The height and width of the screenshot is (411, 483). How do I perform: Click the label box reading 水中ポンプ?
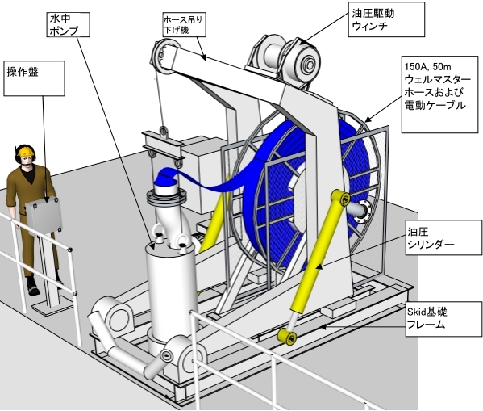68,25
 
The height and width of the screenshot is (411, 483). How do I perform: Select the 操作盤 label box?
34,78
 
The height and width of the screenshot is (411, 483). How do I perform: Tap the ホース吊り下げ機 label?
184,25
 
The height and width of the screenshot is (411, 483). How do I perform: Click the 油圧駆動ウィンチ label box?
386,19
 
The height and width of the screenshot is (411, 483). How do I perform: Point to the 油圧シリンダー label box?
443,237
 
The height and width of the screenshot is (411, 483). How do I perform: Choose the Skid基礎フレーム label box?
443,319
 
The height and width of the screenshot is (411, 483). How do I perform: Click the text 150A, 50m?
423,67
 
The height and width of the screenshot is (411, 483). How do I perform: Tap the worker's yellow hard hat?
26,150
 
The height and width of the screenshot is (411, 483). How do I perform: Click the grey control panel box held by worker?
44,216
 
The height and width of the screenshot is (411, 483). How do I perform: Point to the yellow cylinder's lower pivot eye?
287,337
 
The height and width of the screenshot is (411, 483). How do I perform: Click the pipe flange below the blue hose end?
165,198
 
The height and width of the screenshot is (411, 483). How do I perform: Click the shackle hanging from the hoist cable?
164,132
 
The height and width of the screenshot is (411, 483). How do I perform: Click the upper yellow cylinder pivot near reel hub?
341,197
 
